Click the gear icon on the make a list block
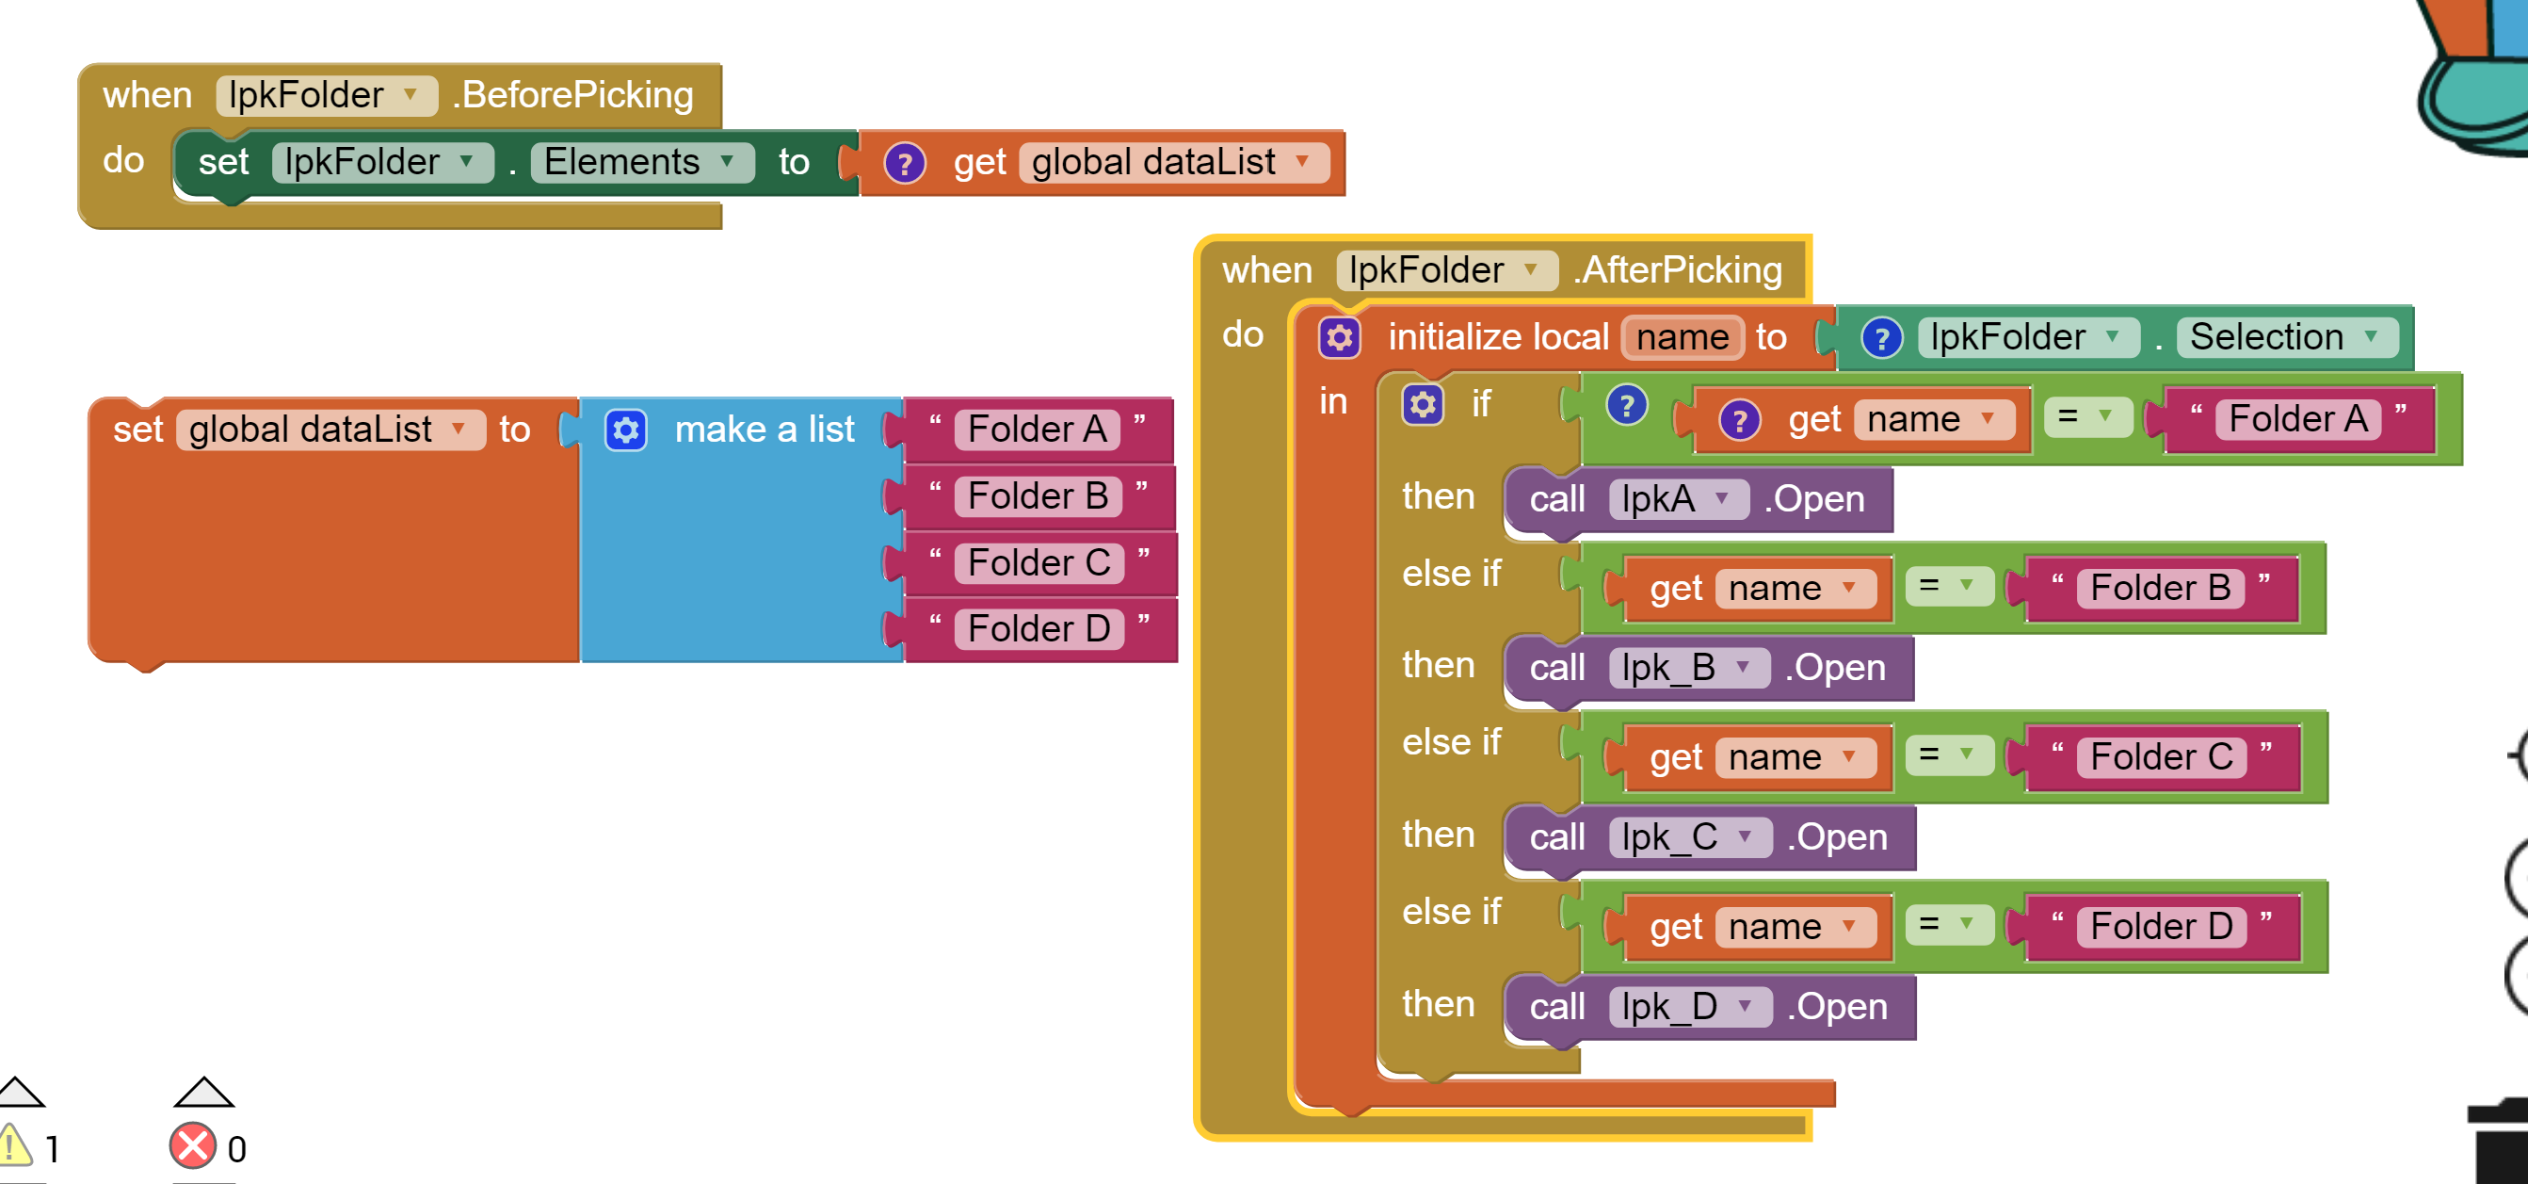[625, 430]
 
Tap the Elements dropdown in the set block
[642, 162]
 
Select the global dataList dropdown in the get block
[1174, 162]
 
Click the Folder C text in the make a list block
[1039, 562]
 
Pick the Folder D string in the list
[1039, 628]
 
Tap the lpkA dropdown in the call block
[1677, 498]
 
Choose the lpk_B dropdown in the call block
[1688, 668]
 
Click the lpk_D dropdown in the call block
[1689, 1006]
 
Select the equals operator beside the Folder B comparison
[1948, 586]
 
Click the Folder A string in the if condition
[2297, 418]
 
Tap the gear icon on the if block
[1423, 403]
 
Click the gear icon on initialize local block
[1340, 338]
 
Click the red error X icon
[192, 1145]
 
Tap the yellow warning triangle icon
[14, 1145]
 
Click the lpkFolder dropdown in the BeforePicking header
[326, 95]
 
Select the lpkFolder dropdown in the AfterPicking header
[1446, 270]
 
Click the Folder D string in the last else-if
[2161, 926]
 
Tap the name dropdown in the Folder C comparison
[1795, 757]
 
